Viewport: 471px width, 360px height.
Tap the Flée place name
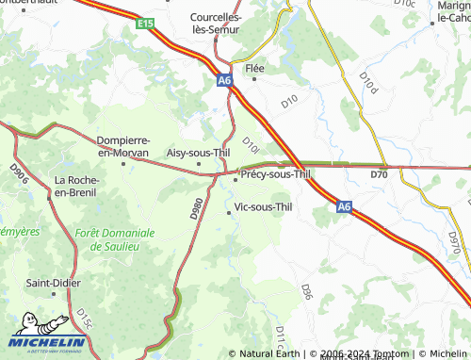(254, 69)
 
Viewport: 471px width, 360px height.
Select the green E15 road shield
(144, 23)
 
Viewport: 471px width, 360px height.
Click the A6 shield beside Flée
(224, 81)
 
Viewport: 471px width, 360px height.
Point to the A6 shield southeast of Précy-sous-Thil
(345, 205)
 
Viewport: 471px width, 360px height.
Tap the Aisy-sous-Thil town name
(198, 152)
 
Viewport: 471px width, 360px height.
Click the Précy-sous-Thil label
(275, 174)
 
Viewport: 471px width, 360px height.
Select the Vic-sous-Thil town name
(269, 206)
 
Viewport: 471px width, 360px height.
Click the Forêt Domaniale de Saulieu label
(115, 238)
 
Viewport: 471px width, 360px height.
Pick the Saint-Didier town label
(53, 283)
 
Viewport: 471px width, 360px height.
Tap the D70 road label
(379, 174)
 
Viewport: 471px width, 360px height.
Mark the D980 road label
(197, 208)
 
